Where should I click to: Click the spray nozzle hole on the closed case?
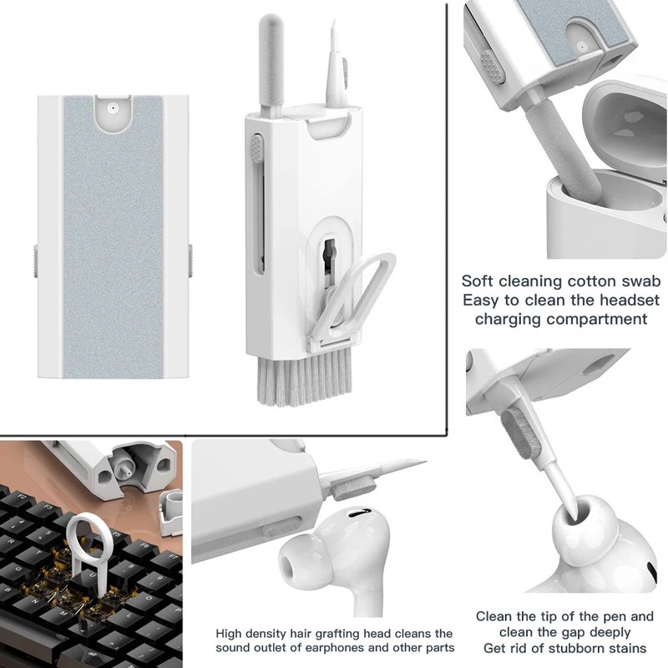[110, 108]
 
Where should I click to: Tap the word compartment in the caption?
[600, 319]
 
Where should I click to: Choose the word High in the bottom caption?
[230, 634]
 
